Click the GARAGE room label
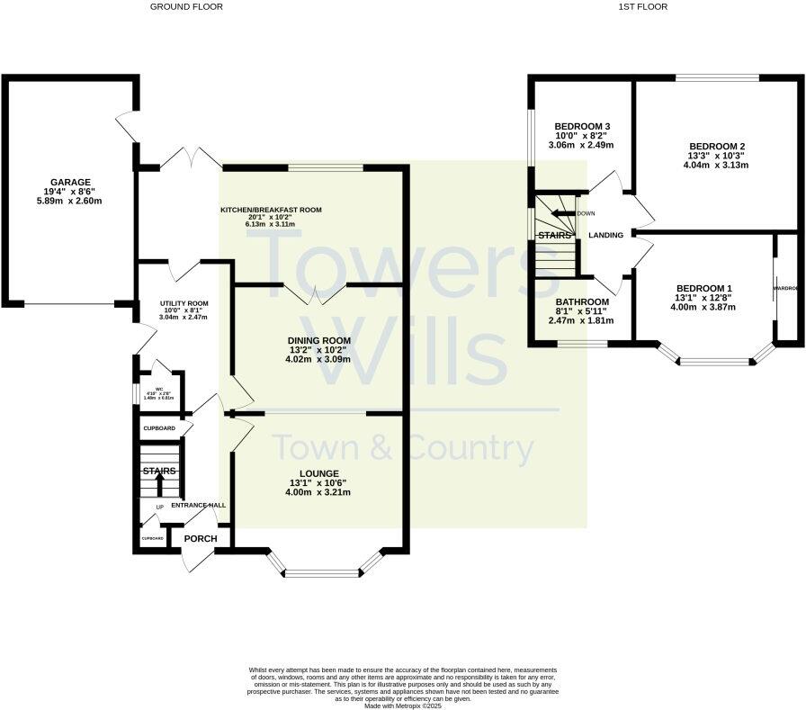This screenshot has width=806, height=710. [70, 182]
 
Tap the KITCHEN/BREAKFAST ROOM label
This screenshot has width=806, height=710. [271, 210]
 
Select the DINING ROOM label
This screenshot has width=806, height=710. [318, 340]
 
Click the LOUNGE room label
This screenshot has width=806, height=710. [319, 473]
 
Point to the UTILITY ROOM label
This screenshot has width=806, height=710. [184, 304]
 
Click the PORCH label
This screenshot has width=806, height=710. [201, 539]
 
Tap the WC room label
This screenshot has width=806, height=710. [158, 390]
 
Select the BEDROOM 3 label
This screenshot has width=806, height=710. [582, 126]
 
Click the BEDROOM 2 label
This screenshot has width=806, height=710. [716, 146]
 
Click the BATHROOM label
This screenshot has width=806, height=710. [581, 301]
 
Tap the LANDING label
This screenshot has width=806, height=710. [605, 236]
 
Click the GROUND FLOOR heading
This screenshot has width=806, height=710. [186, 6]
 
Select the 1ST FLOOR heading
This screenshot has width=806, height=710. [642, 6]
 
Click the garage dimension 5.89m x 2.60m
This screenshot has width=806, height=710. [70, 202]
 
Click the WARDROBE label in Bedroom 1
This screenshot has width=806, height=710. [785, 289]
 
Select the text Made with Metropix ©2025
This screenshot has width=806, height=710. [402, 706]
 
